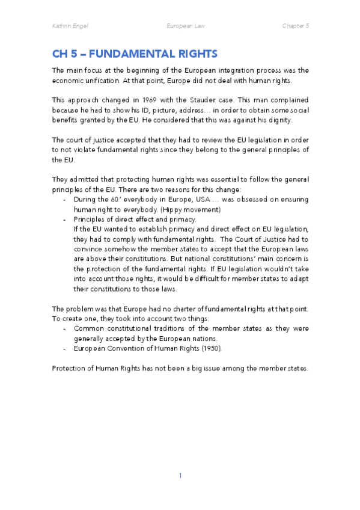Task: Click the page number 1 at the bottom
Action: (180, 475)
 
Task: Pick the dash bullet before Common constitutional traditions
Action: (65, 328)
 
